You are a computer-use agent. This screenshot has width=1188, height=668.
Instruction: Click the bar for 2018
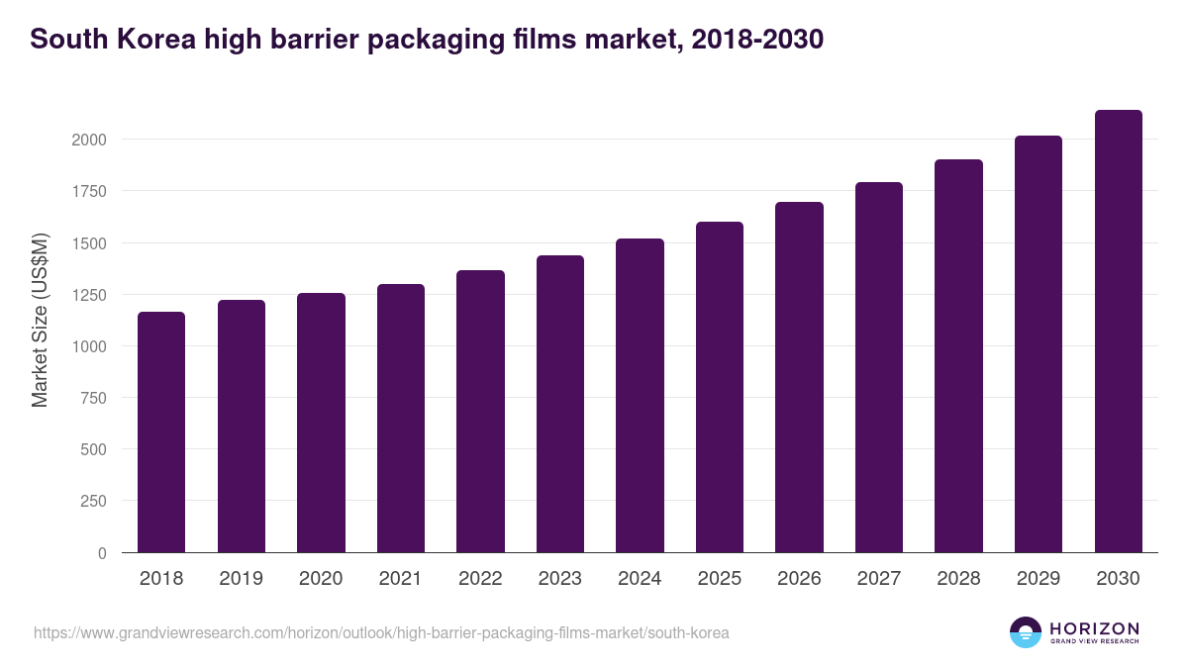pyautogui.click(x=161, y=432)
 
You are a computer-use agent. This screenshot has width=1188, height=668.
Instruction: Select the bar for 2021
pyautogui.click(x=400, y=419)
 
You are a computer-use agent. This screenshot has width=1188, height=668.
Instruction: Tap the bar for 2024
pyautogui.click(x=640, y=396)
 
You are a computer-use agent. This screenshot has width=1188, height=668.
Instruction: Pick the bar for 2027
pyautogui.click(x=878, y=367)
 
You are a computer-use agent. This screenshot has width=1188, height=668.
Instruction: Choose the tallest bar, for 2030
pyautogui.click(x=1118, y=332)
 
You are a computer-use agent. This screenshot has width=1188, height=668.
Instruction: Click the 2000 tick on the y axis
pyautogui.click(x=89, y=140)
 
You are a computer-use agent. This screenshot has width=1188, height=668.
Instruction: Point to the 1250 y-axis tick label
pyautogui.click(x=89, y=295)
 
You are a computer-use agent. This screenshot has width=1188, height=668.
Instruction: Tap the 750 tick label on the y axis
pyautogui.click(x=94, y=398)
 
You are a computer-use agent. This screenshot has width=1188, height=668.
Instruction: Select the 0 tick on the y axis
pyautogui.click(x=102, y=553)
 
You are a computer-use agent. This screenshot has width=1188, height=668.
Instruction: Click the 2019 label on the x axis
pyautogui.click(x=241, y=579)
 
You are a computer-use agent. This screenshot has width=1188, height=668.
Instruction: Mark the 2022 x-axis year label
pyautogui.click(x=480, y=579)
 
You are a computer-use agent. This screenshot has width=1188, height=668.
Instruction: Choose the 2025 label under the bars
pyautogui.click(x=719, y=579)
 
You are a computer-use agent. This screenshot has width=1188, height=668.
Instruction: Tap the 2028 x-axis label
pyautogui.click(x=958, y=579)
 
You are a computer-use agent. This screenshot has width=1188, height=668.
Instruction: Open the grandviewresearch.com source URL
pyautogui.click(x=381, y=632)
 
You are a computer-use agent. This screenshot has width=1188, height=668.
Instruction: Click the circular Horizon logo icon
pyautogui.click(x=1026, y=632)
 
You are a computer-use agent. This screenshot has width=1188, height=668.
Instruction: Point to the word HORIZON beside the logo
pyautogui.click(x=1095, y=627)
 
